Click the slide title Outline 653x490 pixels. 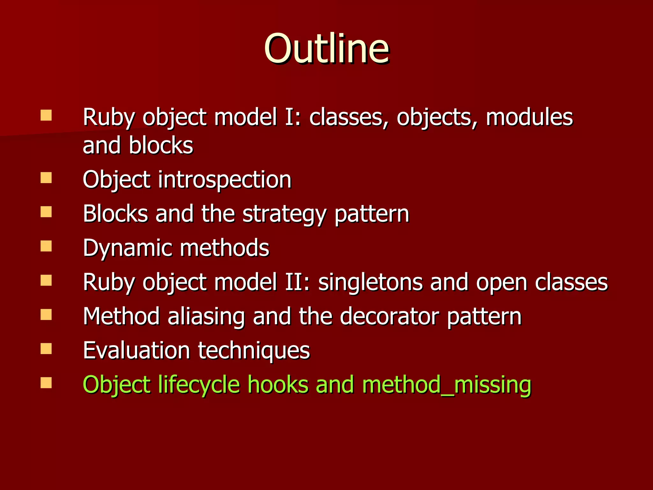click(326, 48)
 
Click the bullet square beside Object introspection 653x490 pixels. click(46, 178)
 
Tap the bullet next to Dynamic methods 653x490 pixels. click(46, 246)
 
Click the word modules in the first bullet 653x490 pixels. click(529, 117)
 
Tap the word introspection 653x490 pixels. click(225, 180)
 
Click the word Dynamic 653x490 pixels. click(128, 248)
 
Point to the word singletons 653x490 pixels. click(370, 283)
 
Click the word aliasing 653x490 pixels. click(206, 317)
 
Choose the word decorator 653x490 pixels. click(389, 316)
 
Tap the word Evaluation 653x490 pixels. click(136, 350)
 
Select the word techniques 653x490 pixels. click(254, 351)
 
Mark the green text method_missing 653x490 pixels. click(447, 385)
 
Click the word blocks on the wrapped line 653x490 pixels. click(161, 145)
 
